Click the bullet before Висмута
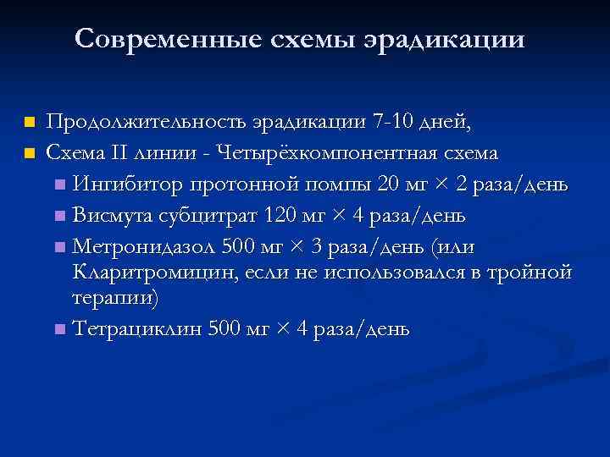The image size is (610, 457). click(57, 215)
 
